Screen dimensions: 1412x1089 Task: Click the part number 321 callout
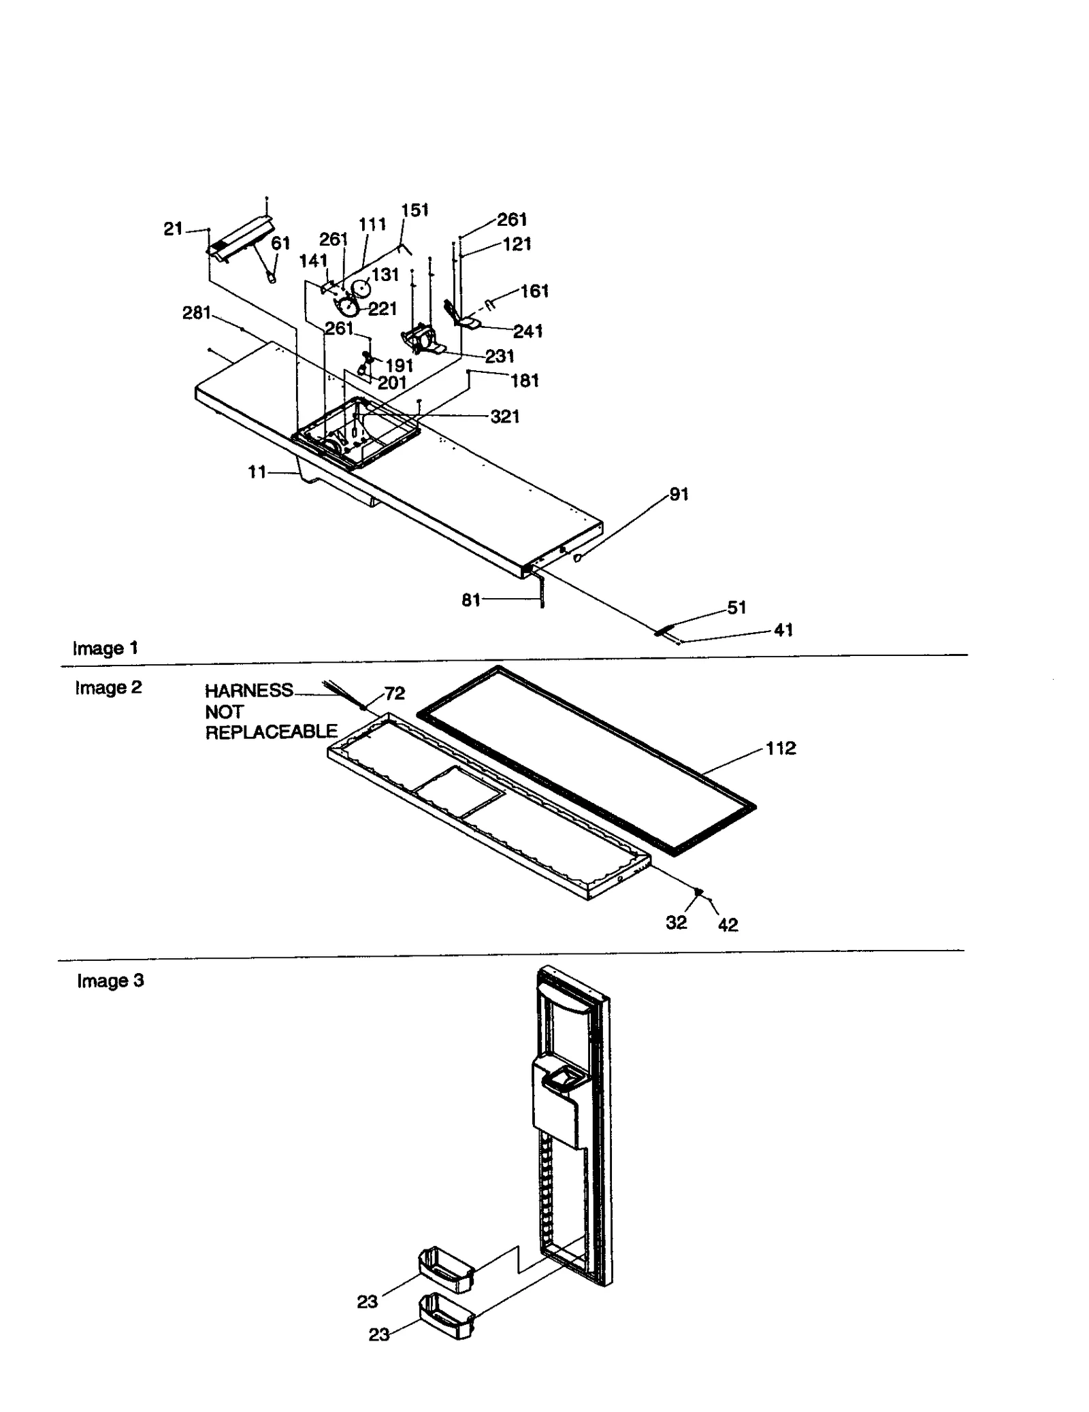pyautogui.click(x=504, y=416)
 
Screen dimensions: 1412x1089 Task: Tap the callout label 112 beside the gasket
pyautogui.click(x=780, y=749)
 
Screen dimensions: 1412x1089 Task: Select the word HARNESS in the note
pyautogui.click(x=248, y=691)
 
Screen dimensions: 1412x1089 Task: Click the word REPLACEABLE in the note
pyautogui.click(x=271, y=732)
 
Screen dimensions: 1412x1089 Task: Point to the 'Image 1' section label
pyautogui.click(x=105, y=648)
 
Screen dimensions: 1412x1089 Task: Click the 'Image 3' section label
pyautogui.click(x=110, y=981)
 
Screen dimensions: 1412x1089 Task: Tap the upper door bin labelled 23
pyautogui.click(x=446, y=1270)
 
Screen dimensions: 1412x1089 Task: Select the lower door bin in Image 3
pyautogui.click(x=446, y=1317)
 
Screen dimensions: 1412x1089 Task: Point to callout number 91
pyautogui.click(x=679, y=495)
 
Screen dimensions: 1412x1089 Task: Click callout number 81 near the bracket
pyautogui.click(x=471, y=600)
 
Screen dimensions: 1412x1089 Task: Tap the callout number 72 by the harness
pyautogui.click(x=394, y=693)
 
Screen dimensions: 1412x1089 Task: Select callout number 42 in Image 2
pyautogui.click(x=728, y=925)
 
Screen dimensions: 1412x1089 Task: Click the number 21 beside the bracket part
pyautogui.click(x=173, y=229)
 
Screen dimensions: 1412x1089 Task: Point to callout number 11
pyautogui.click(x=257, y=472)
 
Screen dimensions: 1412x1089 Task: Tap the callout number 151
pyautogui.click(x=415, y=210)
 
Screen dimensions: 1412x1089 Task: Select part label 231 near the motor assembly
pyautogui.click(x=499, y=357)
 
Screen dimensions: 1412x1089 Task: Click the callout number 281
pyautogui.click(x=196, y=313)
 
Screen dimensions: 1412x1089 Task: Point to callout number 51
pyautogui.click(x=736, y=607)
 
